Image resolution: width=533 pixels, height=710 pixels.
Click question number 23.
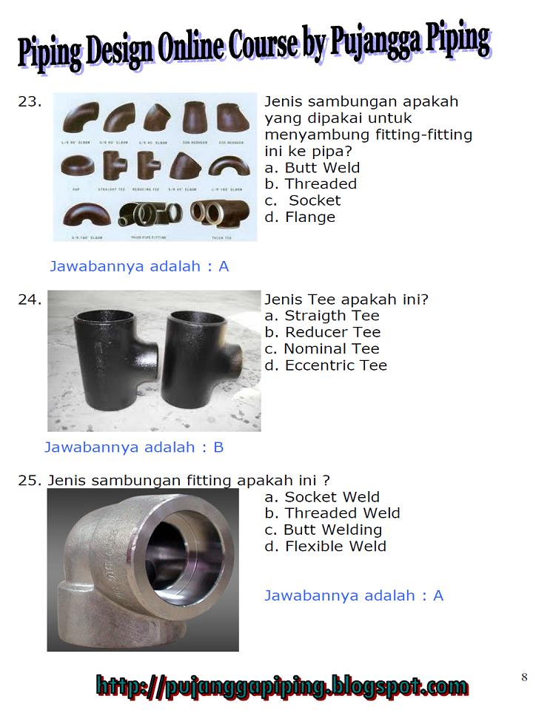tap(29, 102)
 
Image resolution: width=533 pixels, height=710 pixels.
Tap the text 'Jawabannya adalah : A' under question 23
tap(139, 266)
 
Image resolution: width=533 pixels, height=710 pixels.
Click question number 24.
tap(29, 300)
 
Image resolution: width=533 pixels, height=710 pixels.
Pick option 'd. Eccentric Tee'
tap(325, 365)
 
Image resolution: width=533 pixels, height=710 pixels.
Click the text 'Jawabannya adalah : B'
tap(134, 447)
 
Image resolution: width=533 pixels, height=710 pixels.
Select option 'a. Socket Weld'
tap(321, 498)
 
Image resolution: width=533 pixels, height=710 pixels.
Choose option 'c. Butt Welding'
tap(323, 530)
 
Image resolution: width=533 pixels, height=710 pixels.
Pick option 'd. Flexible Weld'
tap(325, 547)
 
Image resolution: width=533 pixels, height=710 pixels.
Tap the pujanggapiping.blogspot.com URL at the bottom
tap(282, 686)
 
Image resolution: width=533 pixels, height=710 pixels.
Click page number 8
tap(524, 677)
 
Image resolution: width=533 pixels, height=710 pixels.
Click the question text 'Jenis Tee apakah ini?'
tap(346, 300)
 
